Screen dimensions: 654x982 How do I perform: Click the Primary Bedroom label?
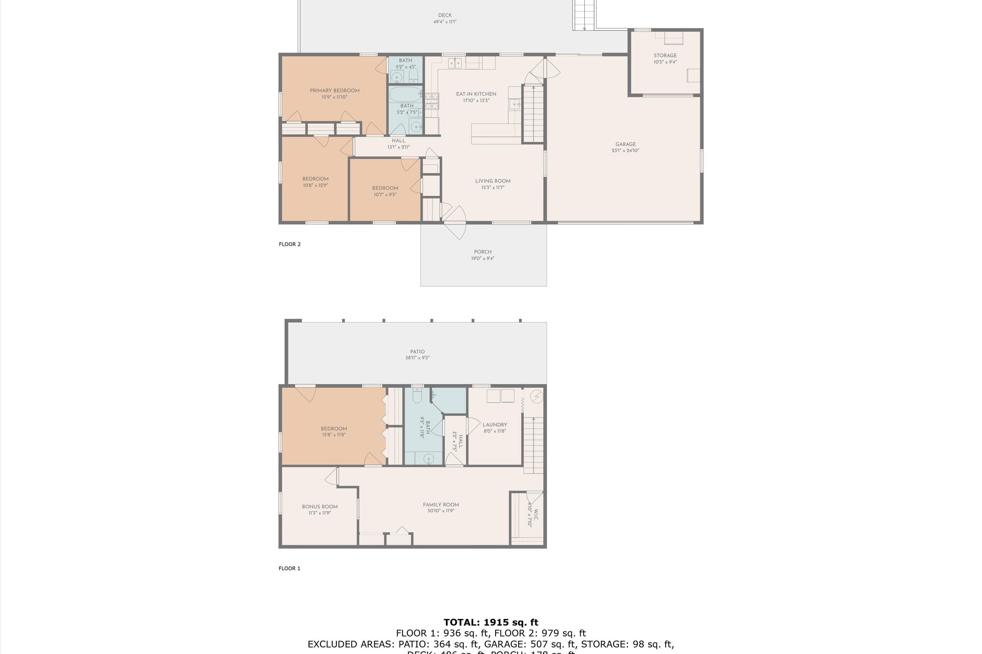point(335,91)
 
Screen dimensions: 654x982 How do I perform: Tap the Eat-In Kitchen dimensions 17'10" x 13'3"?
point(476,100)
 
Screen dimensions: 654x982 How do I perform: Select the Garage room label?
point(625,144)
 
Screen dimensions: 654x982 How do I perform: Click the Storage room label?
point(665,56)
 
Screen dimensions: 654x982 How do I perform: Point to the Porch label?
point(482,252)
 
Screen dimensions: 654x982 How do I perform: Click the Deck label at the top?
point(445,15)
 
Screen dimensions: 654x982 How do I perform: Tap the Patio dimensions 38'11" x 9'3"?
point(417,358)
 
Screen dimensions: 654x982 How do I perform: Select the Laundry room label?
point(495,424)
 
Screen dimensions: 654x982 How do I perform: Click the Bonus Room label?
point(320,507)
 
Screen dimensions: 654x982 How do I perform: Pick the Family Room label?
point(441,505)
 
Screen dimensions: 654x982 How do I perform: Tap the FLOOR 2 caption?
point(290,244)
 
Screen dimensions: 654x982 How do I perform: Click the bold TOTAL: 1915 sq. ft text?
point(491,622)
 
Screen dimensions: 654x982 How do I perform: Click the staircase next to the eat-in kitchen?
point(533,113)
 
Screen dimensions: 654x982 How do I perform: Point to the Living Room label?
point(493,181)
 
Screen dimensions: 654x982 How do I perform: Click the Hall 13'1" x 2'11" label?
point(398,141)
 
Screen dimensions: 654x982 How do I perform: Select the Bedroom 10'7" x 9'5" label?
point(385,188)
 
